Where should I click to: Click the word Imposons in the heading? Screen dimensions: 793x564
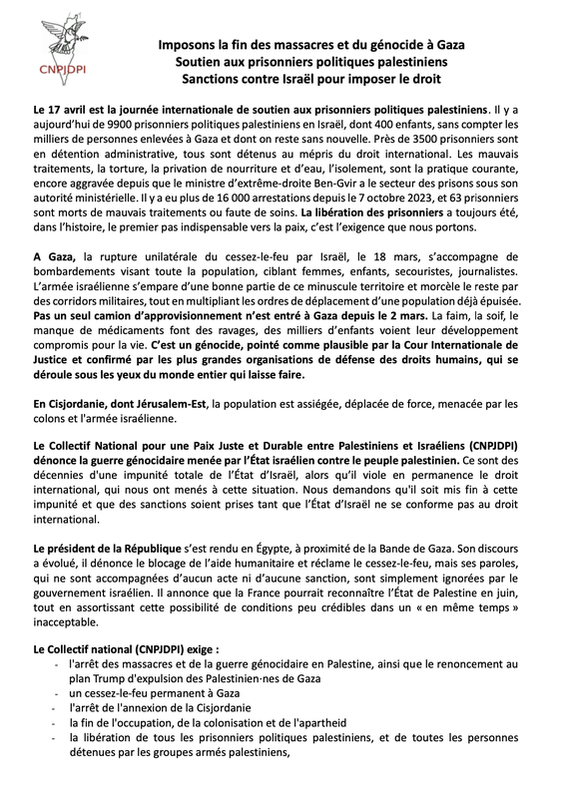coord(188,45)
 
